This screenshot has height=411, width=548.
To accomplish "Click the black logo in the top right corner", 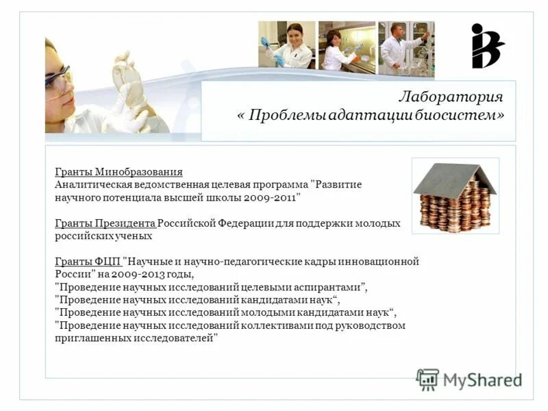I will tap(486, 46).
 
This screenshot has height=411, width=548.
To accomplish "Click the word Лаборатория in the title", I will tap(451, 97).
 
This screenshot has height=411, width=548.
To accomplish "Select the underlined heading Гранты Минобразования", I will tap(119, 172).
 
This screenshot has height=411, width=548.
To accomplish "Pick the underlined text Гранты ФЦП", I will tap(87, 262).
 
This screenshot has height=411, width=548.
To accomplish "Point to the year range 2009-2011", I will tap(273, 197).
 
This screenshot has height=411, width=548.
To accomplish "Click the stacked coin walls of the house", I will tap(455, 210).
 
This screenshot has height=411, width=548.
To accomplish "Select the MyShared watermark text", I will tap(482, 379).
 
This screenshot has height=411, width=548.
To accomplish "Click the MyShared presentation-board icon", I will tap(427, 379).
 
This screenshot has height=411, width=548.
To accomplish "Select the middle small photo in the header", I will tap(347, 46).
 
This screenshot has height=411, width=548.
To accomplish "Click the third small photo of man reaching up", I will tap(406, 46).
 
